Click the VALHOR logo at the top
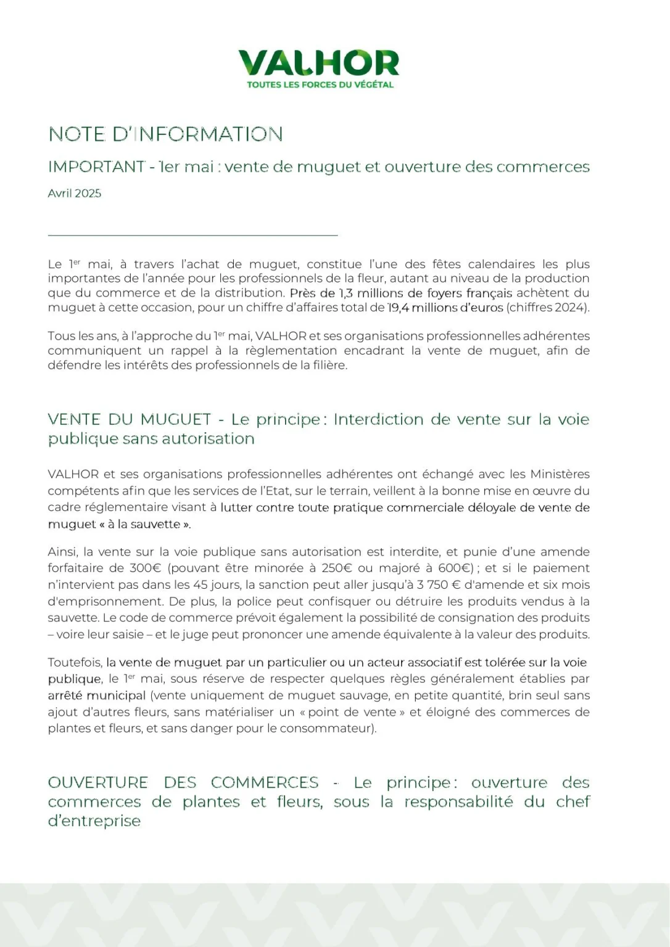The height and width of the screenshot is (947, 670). pyautogui.click(x=318, y=63)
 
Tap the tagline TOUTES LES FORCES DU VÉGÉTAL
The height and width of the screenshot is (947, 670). pyautogui.click(x=320, y=84)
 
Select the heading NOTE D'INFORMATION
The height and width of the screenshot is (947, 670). pyautogui.click(x=165, y=134)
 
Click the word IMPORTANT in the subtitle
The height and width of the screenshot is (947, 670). pyautogui.click(x=96, y=166)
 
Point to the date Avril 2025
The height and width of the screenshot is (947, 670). pyautogui.click(x=74, y=193)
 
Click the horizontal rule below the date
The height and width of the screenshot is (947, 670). pyautogui.click(x=192, y=235)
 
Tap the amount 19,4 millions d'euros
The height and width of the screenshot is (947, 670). pyautogui.click(x=445, y=307)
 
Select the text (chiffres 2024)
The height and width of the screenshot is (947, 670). pyautogui.click(x=548, y=307)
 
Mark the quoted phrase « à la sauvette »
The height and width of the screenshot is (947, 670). pyautogui.click(x=144, y=524)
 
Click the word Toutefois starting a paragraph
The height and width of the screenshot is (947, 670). pyautogui.click(x=75, y=662)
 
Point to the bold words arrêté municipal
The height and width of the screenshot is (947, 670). pyautogui.click(x=97, y=695)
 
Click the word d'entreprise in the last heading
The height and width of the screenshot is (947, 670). pyautogui.click(x=94, y=821)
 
